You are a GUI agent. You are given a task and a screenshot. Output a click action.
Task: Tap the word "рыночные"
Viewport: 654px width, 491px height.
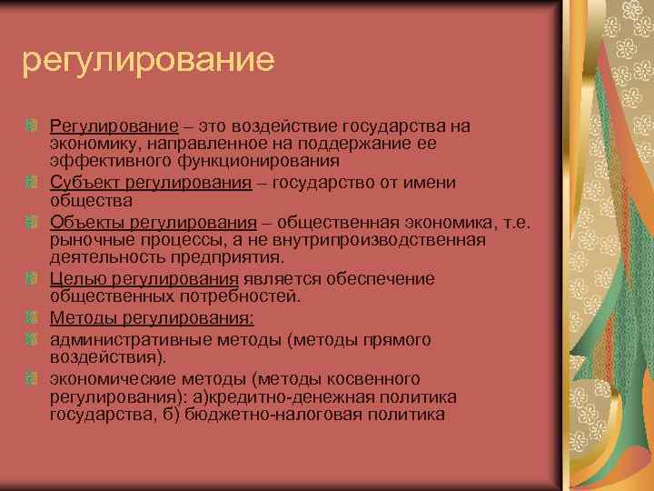pyautogui.click(x=88, y=240)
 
